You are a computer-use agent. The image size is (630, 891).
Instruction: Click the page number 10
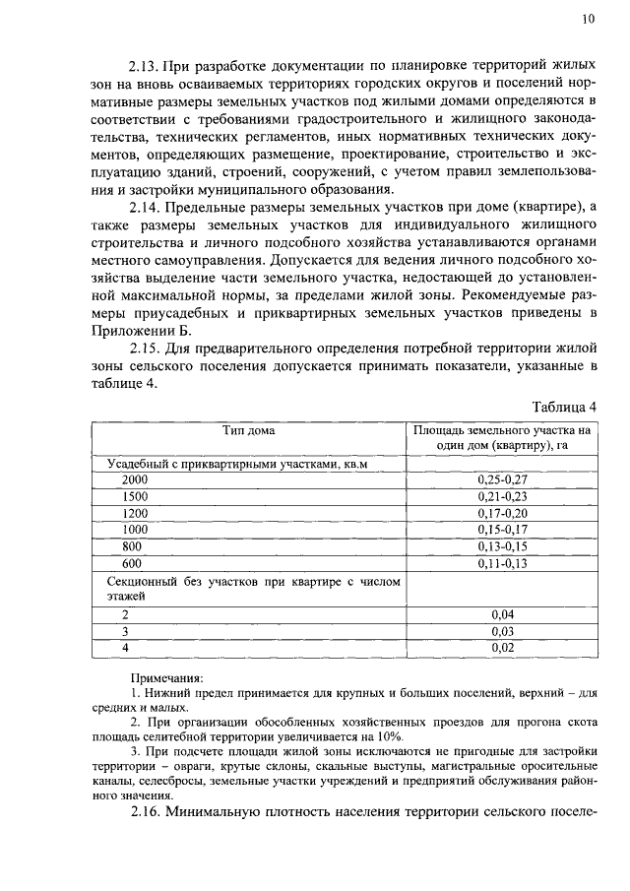(x=588, y=18)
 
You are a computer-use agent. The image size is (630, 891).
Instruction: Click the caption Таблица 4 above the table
(x=564, y=408)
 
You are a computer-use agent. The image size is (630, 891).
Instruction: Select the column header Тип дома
(x=249, y=430)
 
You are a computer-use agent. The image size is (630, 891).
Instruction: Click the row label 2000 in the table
(x=136, y=478)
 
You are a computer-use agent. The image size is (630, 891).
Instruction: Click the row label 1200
(x=135, y=513)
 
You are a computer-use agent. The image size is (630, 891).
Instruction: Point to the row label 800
(x=132, y=546)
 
